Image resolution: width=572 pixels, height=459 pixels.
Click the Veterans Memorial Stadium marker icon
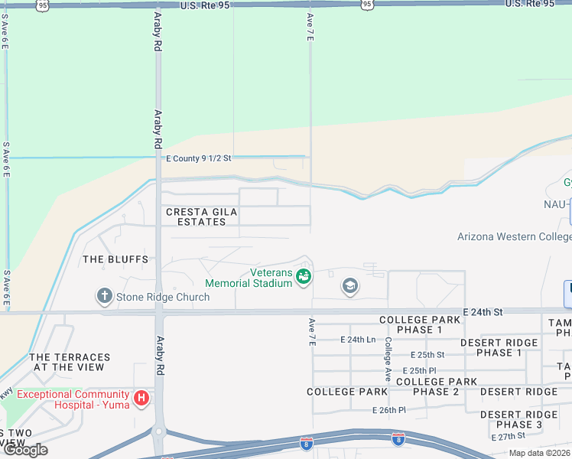point(304,276)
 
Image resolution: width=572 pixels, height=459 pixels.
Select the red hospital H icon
point(141,398)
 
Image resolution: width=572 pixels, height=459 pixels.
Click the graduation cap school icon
point(350,287)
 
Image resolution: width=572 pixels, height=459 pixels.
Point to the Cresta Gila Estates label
point(196,216)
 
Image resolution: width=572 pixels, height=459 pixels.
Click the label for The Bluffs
point(115,259)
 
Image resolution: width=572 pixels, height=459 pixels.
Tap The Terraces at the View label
point(70,363)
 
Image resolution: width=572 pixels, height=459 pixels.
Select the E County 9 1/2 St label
point(198,158)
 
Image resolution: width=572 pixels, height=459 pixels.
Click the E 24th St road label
point(482,312)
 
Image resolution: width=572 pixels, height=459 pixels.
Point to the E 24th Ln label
point(358,339)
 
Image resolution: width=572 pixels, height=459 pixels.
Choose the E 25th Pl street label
point(420,370)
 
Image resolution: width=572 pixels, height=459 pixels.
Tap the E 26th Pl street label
point(389,410)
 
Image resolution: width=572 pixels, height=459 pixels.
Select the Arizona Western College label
point(514,236)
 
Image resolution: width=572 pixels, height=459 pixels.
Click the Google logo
point(25,450)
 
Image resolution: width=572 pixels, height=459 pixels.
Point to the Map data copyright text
point(539,453)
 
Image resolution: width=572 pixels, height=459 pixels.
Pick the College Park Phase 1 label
point(411,324)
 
